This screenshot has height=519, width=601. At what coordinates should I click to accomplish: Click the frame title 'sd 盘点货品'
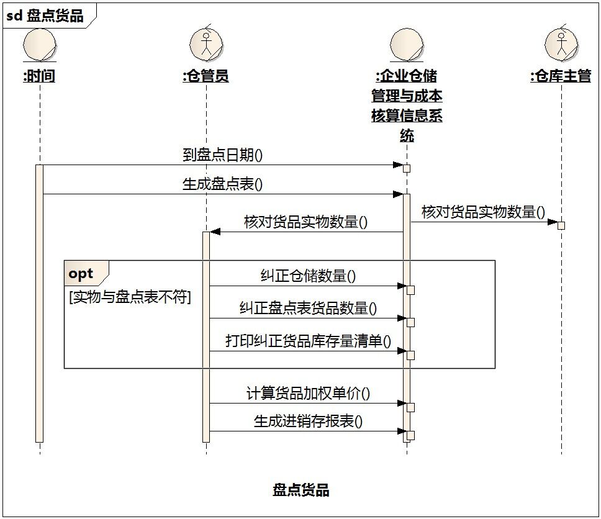click(45, 16)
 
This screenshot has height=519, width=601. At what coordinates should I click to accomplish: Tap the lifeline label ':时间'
click(39, 76)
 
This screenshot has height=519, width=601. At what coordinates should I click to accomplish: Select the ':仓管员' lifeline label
click(206, 76)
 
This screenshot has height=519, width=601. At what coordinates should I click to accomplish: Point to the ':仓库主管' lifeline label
click(561, 76)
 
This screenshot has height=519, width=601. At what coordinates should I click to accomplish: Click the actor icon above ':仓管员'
click(206, 45)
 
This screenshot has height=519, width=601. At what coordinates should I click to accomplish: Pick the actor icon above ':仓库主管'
click(561, 45)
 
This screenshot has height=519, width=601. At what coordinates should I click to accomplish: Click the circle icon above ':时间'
click(40, 45)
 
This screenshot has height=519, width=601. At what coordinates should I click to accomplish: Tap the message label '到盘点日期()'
click(223, 155)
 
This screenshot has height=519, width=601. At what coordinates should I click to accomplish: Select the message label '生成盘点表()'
click(223, 184)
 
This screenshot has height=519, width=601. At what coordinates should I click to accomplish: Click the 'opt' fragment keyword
click(81, 274)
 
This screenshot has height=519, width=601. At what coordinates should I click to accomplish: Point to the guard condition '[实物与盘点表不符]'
click(130, 297)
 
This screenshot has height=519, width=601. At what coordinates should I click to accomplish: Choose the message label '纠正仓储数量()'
click(308, 276)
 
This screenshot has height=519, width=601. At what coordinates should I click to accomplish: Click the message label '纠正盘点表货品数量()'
click(308, 308)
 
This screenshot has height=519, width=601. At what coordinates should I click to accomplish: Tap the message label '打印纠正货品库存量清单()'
click(308, 341)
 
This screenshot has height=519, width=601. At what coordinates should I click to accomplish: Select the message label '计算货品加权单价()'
click(308, 393)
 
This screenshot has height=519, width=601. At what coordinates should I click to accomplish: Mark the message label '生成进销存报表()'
click(308, 422)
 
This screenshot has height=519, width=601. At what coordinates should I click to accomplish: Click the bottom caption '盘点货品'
click(301, 490)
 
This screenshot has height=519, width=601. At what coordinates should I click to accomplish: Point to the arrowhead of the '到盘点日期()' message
click(398, 165)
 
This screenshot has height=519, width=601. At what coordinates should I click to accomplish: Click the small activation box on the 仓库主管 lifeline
click(561, 225)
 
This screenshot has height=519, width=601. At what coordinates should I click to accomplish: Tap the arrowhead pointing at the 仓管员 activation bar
click(215, 232)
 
